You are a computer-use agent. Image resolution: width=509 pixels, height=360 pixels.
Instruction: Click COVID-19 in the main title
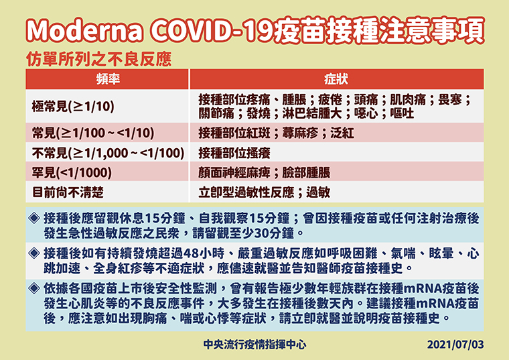pyautogui.click(x=212, y=31)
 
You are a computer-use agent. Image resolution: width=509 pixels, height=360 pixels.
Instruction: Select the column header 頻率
pyautogui.click(x=108, y=79)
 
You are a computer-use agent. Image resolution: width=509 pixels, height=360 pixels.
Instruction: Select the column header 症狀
pyautogui.click(x=336, y=79)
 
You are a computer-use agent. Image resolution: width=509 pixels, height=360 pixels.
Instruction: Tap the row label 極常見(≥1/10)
pyautogui.click(x=73, y=106)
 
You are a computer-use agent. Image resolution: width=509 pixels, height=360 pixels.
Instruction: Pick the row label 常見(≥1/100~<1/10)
pyautogui.click(x=93, y=133)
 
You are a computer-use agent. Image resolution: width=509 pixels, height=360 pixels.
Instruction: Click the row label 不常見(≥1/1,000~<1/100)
pyautogui.click(x=108, y=153)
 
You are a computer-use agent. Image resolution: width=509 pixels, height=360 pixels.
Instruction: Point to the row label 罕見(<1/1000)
pyautogui.click(x=72, y=172)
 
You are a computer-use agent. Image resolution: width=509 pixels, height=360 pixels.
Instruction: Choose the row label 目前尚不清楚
pyautogui.click(x=68, y=192)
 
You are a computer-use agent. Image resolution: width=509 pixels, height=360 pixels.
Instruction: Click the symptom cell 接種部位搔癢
pyautogui.click(x=234, y=153)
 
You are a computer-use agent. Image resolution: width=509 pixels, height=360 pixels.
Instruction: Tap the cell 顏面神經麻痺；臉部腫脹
pyautogui.click(x=265, y=172)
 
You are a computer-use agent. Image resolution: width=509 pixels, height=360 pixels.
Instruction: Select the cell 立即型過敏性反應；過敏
pyautogui.click(x=265, y=192)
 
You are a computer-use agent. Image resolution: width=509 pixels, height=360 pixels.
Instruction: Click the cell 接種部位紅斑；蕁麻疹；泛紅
pyautogui.click(x=276, y=133)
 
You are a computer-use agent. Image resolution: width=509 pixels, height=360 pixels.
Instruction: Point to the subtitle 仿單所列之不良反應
pyautogui.click(x=98, y=60)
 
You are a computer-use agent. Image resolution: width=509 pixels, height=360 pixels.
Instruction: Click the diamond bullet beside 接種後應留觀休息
pyautogui.click(x=34, y=218)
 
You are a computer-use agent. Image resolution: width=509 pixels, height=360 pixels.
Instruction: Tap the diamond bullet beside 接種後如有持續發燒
pyautogui.click(x=34, y=253)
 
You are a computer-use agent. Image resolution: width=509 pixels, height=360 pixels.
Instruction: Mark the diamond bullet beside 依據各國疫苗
pyautogui.click(x=34, y=288)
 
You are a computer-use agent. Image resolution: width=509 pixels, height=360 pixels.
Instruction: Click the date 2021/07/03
pyautogui.click(x=455, y=345)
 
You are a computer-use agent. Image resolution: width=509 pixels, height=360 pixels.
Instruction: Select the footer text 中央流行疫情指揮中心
pyautogui.click(x=254, y=345)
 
